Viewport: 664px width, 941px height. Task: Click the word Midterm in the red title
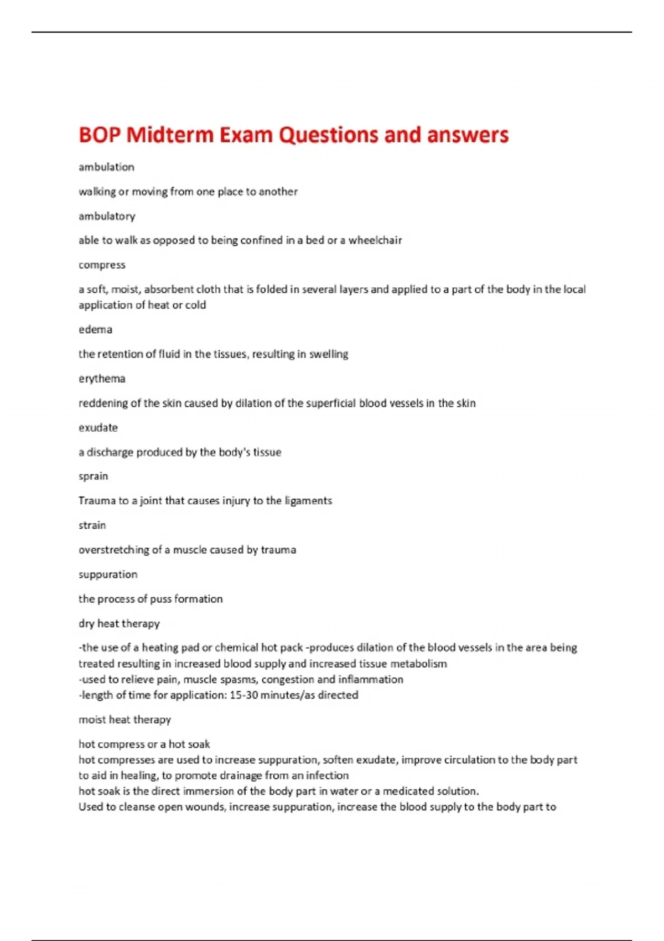pyautogui.click(x=169, y=135)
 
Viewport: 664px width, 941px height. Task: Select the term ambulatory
pyautogui.click(x=107, y=216)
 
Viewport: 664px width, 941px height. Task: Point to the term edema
pyautogui.click(x=95, y=329)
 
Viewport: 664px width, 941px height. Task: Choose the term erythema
pyautogui.click(x=102, y=379)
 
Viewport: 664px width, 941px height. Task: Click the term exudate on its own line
pyautogui.click(x=98, y=427)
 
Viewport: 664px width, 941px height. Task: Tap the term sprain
pyautogui.click(x=93, y=476)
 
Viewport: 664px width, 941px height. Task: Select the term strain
pyautogui.click(x=92, y=525)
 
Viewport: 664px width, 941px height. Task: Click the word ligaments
pyautogui.click(x=308, y=501)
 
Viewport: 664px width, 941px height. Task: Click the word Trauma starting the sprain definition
pyautogui.click(x=96, y=501)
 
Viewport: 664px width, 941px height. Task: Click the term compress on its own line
pyautogui.click(x=102, y=265)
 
